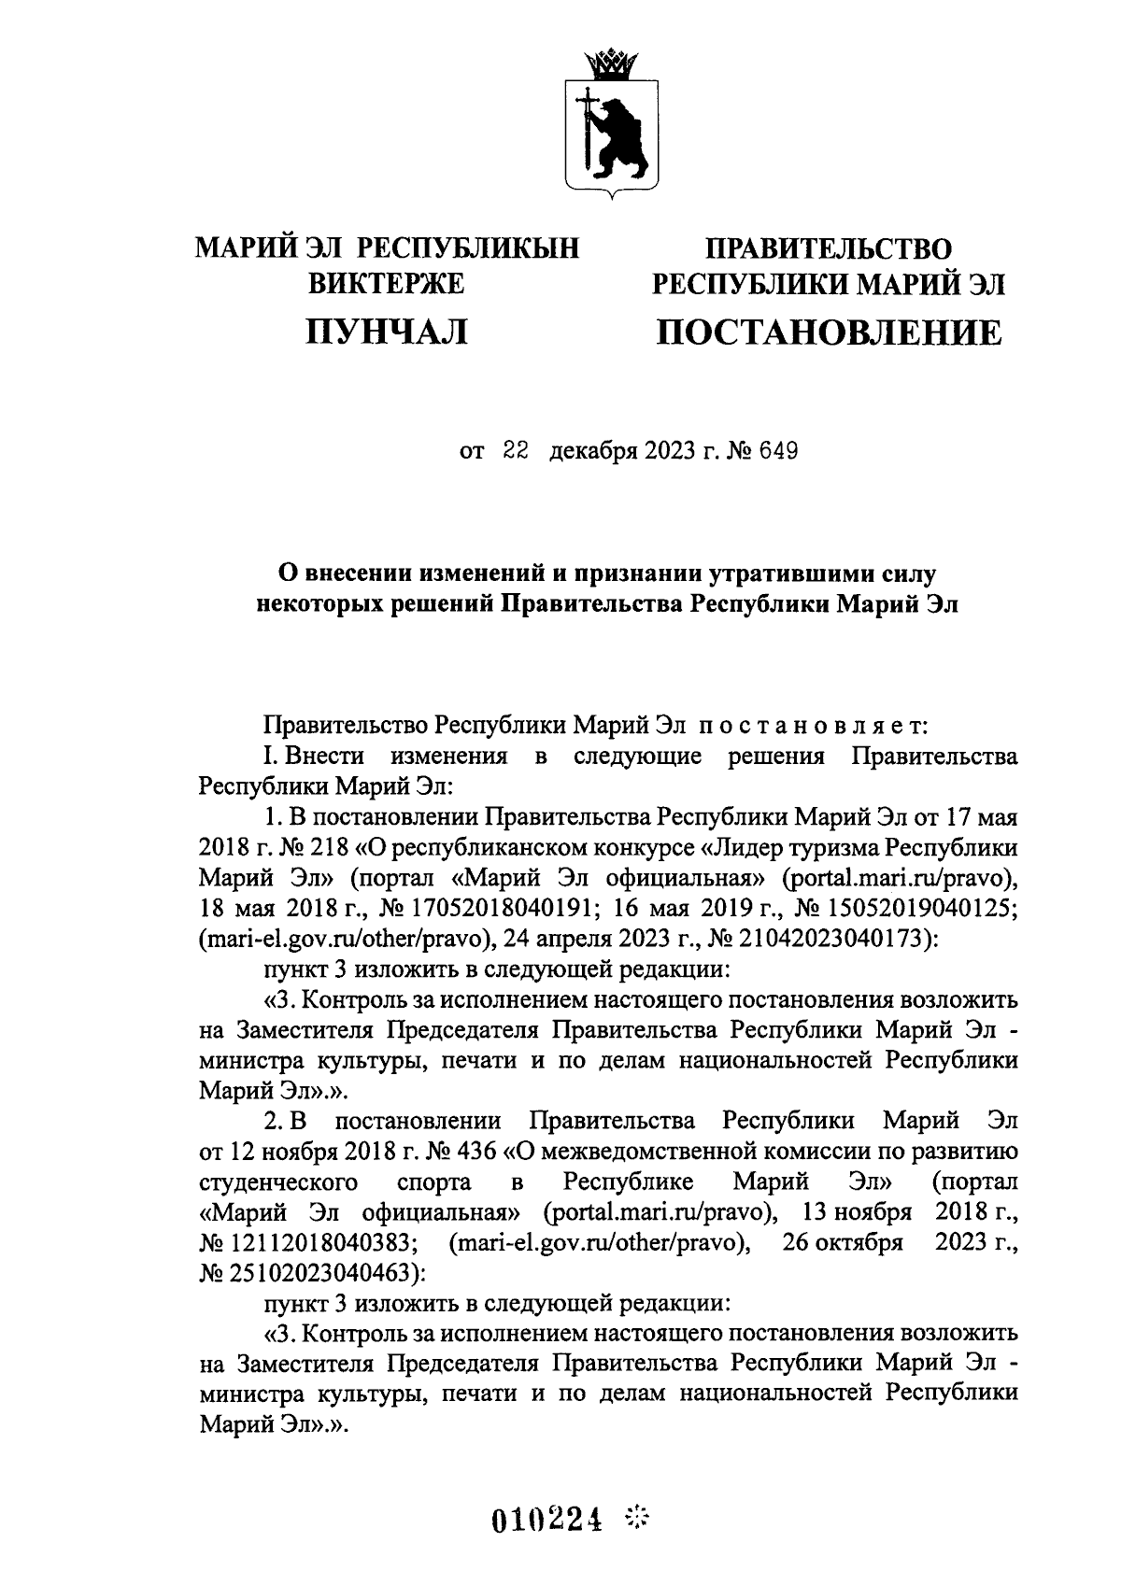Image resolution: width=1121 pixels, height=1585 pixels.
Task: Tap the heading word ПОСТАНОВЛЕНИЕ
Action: pyautogui.click(x=828, y=333)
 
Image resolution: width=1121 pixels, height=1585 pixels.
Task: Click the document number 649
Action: pyautogui.click(x=776, y=453)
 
